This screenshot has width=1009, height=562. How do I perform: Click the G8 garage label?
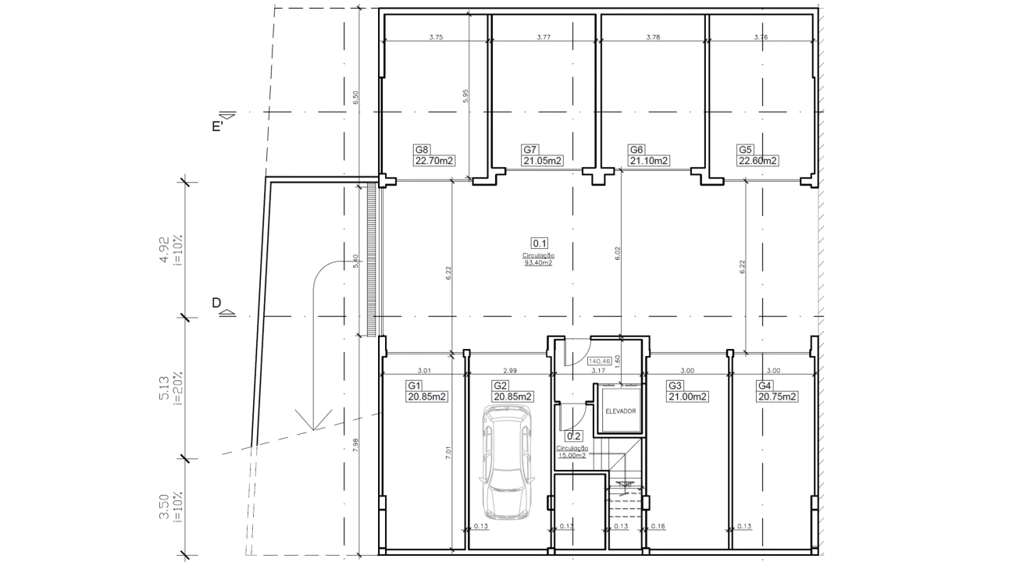point(422,150)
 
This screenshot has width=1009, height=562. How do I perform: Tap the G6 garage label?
point(636,150)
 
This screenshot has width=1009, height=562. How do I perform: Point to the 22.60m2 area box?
point(758,162)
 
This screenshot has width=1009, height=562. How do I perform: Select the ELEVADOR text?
point(621,411)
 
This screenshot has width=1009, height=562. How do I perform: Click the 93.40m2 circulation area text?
point(538,263)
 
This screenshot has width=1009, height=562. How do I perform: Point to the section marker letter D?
point(216,303)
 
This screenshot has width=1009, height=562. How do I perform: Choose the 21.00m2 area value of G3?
point(688,397)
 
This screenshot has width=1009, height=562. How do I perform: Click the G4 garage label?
point(765,386)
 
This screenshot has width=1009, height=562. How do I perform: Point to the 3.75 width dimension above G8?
point(436,37)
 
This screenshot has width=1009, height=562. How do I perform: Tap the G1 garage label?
point(414,386)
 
